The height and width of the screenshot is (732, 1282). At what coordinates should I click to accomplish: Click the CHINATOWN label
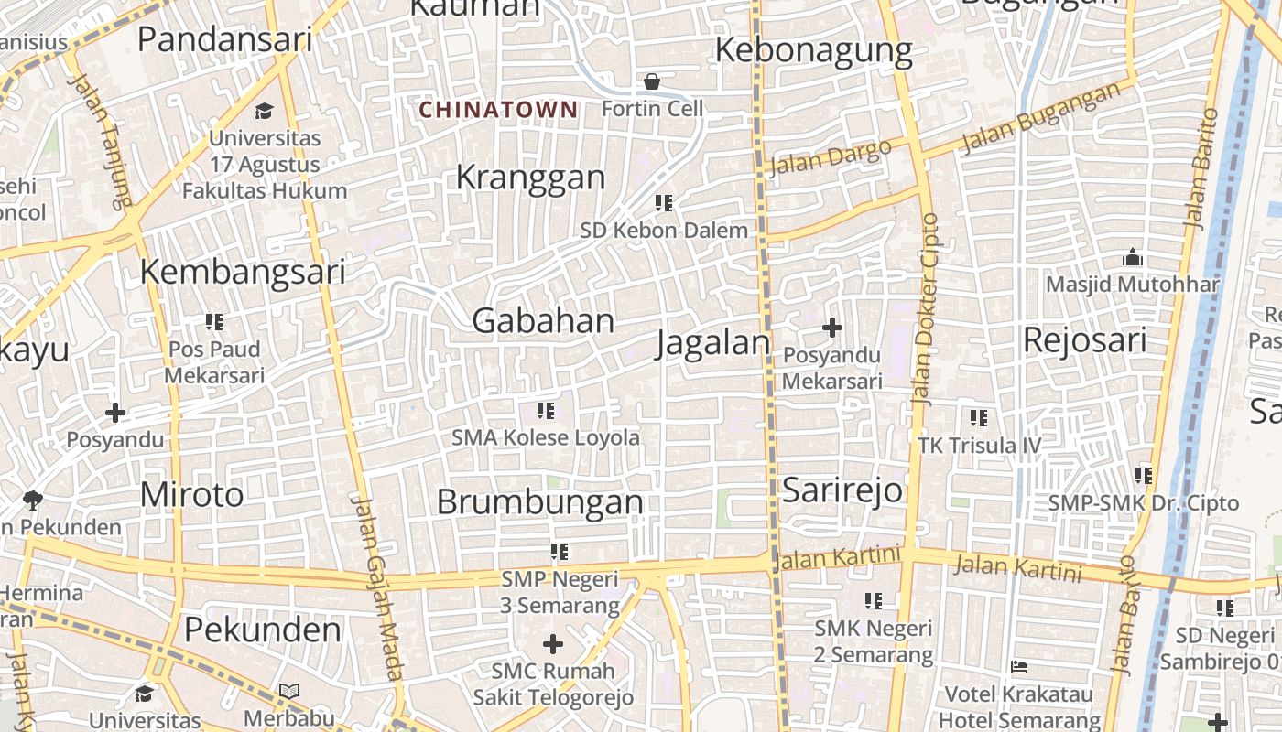point(498,110)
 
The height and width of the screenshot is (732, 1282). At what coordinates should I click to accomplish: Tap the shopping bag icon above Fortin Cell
point(652,82)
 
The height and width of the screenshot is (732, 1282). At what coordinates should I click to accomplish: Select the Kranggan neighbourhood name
point(530,177)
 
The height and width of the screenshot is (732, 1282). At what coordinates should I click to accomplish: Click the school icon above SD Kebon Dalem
point(664,203)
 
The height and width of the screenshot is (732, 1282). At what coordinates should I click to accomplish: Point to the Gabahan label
point(543,321)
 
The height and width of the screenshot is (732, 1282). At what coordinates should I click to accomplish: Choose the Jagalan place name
point(714,343)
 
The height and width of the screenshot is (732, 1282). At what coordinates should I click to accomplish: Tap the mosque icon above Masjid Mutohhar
point(1133,257)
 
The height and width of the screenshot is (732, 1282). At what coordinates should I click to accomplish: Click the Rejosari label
point(1084,340)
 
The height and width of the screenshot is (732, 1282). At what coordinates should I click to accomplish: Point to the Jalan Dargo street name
point(830,157)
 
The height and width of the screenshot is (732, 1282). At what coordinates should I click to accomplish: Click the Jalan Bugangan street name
point(1041,115)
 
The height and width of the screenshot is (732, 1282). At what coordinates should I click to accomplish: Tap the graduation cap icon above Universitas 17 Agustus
point(265,111)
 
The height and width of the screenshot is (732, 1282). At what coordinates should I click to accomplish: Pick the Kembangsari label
point(243,272)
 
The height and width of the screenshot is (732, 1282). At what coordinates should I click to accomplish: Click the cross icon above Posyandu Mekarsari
point(832,327)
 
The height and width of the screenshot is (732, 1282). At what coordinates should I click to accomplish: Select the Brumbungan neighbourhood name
point(539,502)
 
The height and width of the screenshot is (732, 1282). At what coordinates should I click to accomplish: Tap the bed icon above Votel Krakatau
point(1018,667)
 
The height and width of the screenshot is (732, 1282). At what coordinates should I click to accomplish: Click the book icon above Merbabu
point(289,691)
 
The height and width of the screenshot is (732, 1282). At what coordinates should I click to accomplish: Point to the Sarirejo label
point(842,490)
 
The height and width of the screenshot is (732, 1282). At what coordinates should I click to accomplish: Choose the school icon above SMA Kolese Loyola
point(546,410)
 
